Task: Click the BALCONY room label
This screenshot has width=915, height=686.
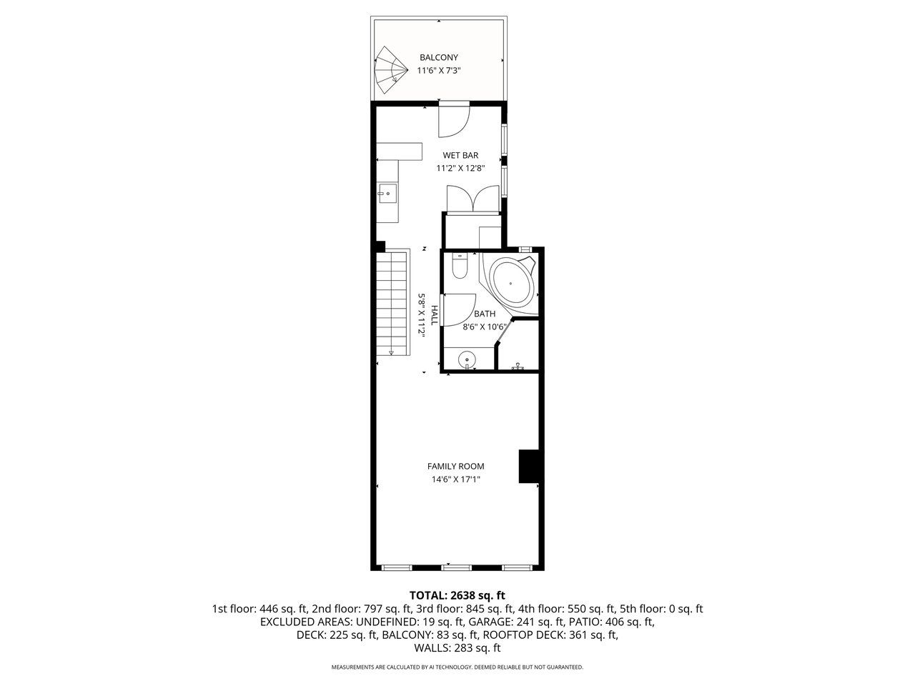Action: (x=438, y=57)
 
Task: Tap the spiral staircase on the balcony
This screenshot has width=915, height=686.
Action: (x=390, y=71)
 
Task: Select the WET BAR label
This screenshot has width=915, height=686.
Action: (x=460, y=155)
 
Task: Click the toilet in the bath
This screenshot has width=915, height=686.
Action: (x=460, y=266)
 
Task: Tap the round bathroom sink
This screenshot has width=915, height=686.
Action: (x=467, y=359)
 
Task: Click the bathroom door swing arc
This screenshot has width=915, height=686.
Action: (x=459, y=310)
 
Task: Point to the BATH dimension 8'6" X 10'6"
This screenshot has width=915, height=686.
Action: (x=485, y=327)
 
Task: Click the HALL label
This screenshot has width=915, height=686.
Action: (x=434, y=315)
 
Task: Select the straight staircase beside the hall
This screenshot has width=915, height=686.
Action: (x=392, y=302)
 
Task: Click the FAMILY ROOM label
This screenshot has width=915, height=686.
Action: (x=455, y=467)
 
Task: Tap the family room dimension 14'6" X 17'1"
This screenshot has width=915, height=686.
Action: (x=455, y=479)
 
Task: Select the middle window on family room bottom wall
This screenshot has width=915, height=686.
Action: (x=457, y=567)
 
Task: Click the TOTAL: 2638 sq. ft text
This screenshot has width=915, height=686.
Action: (x=457, y=595)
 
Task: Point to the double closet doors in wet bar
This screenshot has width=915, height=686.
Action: (x=473, y=199)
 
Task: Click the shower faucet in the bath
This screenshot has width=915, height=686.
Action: (x=518, y=366)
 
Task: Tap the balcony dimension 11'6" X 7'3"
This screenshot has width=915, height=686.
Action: (x=438, y=71)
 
